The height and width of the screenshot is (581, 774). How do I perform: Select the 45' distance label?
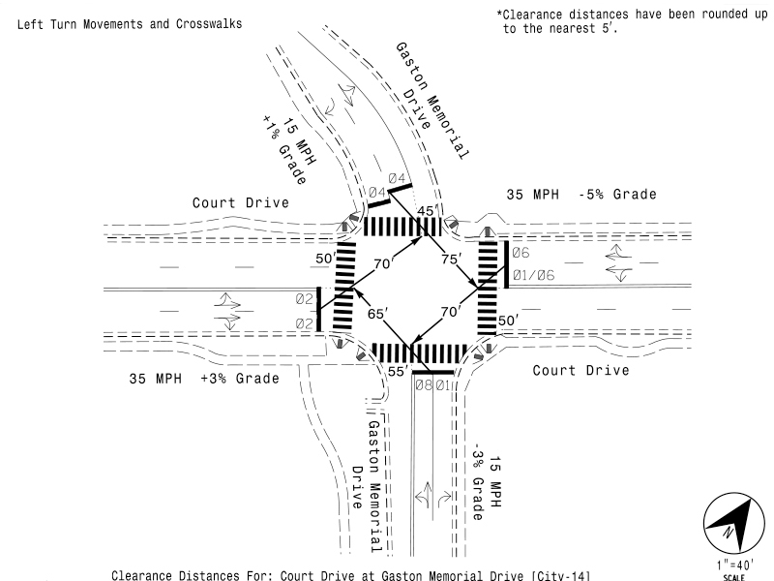pos(427,210)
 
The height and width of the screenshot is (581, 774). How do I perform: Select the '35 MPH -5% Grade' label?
pos(581,195)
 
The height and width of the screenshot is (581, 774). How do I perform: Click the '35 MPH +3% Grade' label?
pos(204,378)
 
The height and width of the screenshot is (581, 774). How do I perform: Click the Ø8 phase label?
pos(422,385)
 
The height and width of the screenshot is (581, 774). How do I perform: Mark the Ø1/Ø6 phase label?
pos(533,274)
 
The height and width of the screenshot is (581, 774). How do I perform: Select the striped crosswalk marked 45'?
pos(402,227)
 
